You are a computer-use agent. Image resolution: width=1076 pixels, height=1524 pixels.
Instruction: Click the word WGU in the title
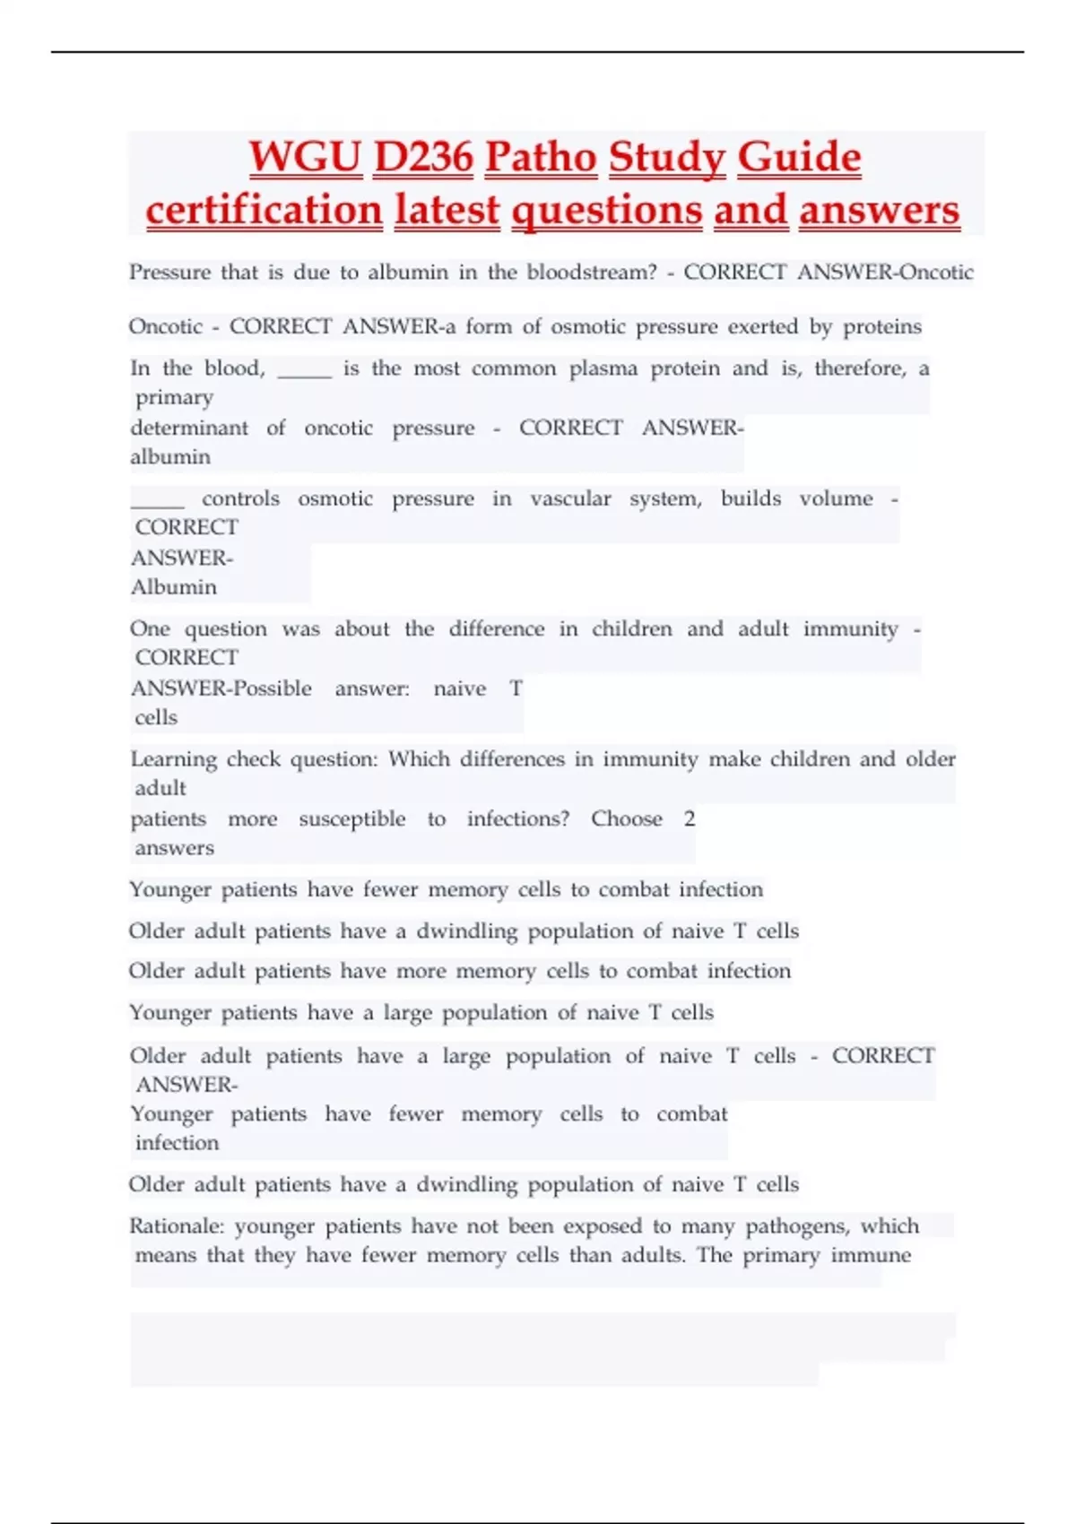(305, 158)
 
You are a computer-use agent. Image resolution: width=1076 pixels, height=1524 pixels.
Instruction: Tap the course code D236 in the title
(423, 158)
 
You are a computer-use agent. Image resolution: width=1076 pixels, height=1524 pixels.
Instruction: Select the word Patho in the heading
(541, 158)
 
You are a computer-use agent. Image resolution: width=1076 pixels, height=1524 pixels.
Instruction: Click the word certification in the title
(265, 211)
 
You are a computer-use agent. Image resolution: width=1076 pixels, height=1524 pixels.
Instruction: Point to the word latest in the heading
(447, 211)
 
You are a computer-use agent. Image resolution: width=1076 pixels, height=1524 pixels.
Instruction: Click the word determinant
(190, 428)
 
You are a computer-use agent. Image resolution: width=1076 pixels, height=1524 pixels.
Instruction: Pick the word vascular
(570, 498)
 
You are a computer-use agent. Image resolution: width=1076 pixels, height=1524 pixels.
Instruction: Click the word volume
(836, 498)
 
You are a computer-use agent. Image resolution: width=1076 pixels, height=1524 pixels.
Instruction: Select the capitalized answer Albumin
(174, 587)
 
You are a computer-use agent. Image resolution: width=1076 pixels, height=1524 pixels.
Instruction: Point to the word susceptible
(351, 819)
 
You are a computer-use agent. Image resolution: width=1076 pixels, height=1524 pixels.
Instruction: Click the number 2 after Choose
(689, 818)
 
